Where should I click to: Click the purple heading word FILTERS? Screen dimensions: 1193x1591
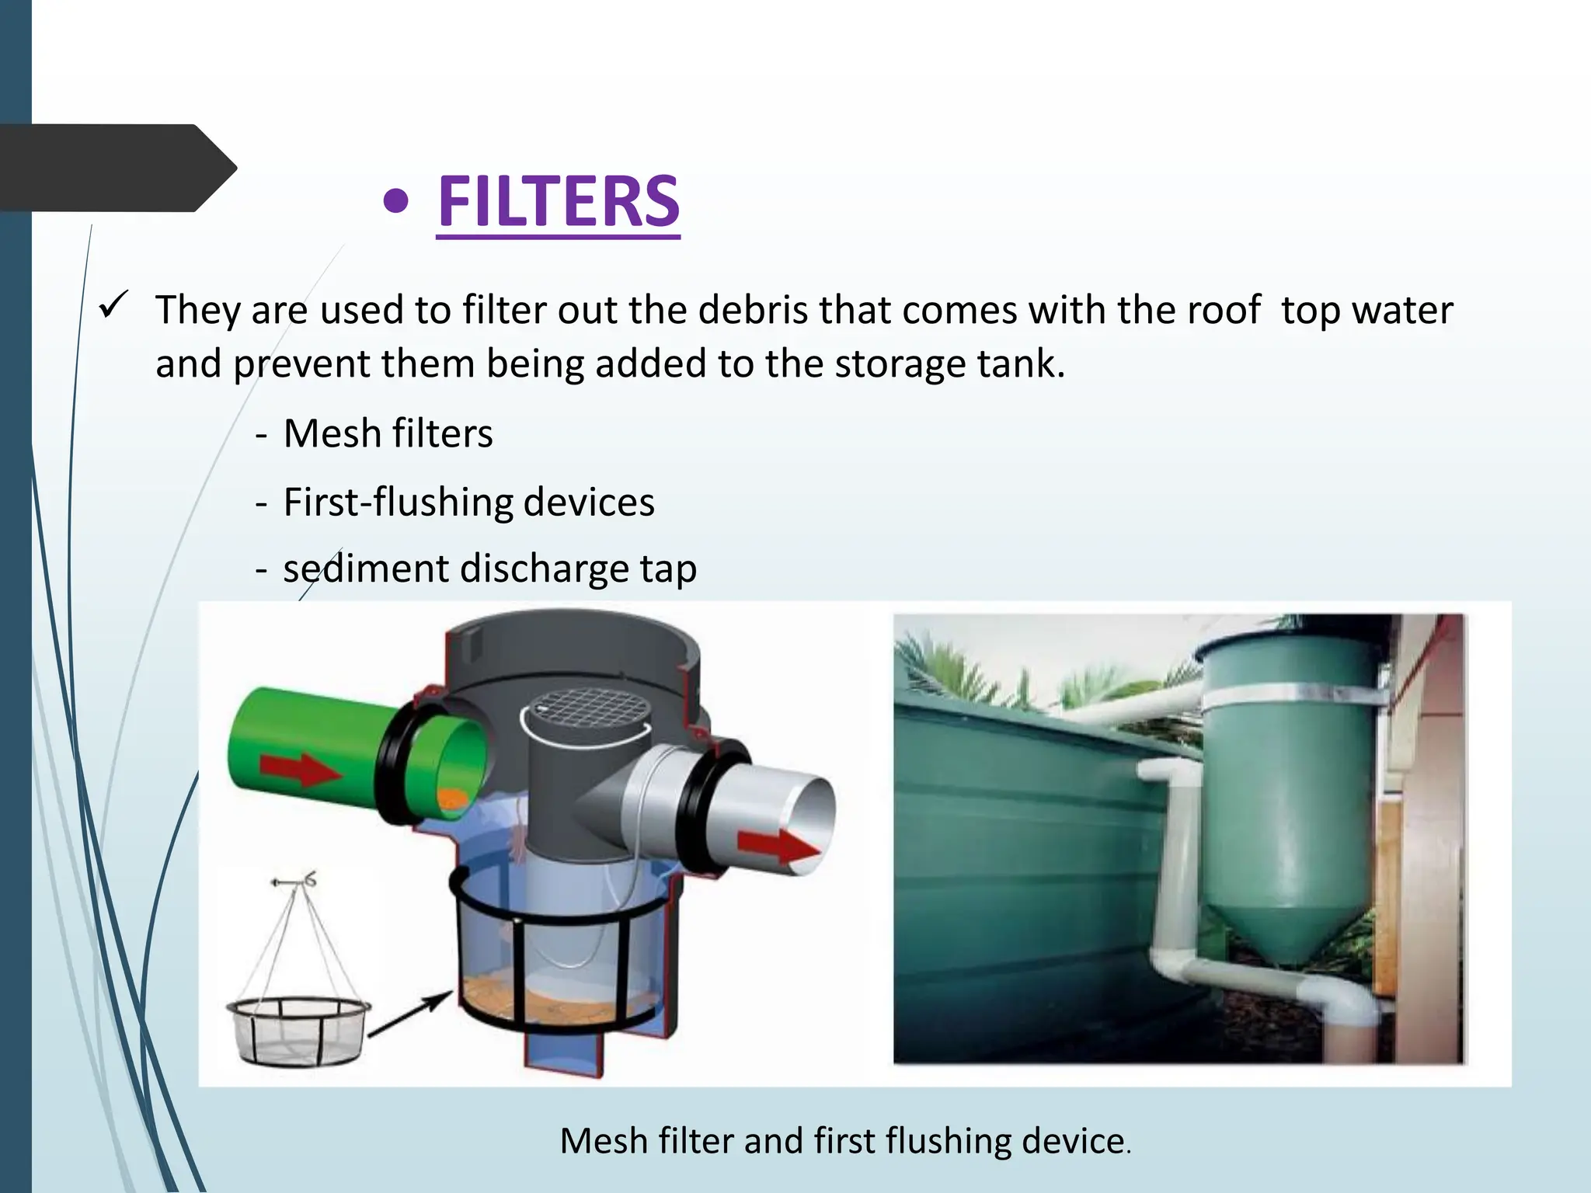coord(559,201)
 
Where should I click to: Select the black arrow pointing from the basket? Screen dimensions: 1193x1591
coord(409,1014)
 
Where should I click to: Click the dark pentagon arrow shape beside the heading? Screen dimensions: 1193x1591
coord(117,168)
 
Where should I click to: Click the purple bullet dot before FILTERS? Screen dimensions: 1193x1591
coord(396,203)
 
